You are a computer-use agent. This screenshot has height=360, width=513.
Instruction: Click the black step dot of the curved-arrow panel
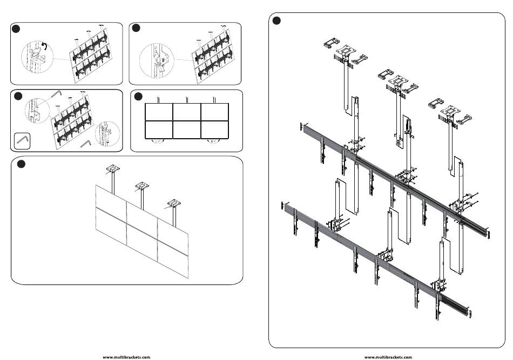pos(17,28)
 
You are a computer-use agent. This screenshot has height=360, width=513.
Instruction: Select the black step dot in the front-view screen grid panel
pos(138,96)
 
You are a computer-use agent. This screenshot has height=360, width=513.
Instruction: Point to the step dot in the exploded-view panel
pos(276,21)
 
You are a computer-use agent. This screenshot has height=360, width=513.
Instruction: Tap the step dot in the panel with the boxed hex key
pos(18,96)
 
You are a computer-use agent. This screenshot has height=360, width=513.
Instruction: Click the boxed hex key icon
pos(22,140)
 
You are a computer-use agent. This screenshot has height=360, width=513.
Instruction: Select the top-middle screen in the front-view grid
pos(186,112)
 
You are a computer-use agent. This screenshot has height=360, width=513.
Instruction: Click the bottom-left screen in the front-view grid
pos(159,130)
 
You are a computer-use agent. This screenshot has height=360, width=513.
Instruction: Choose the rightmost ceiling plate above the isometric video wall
pos(174,204)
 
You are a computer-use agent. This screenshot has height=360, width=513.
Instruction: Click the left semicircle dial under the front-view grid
pos(158,141)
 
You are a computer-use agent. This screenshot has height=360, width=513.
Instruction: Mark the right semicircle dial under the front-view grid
pos(214,141)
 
